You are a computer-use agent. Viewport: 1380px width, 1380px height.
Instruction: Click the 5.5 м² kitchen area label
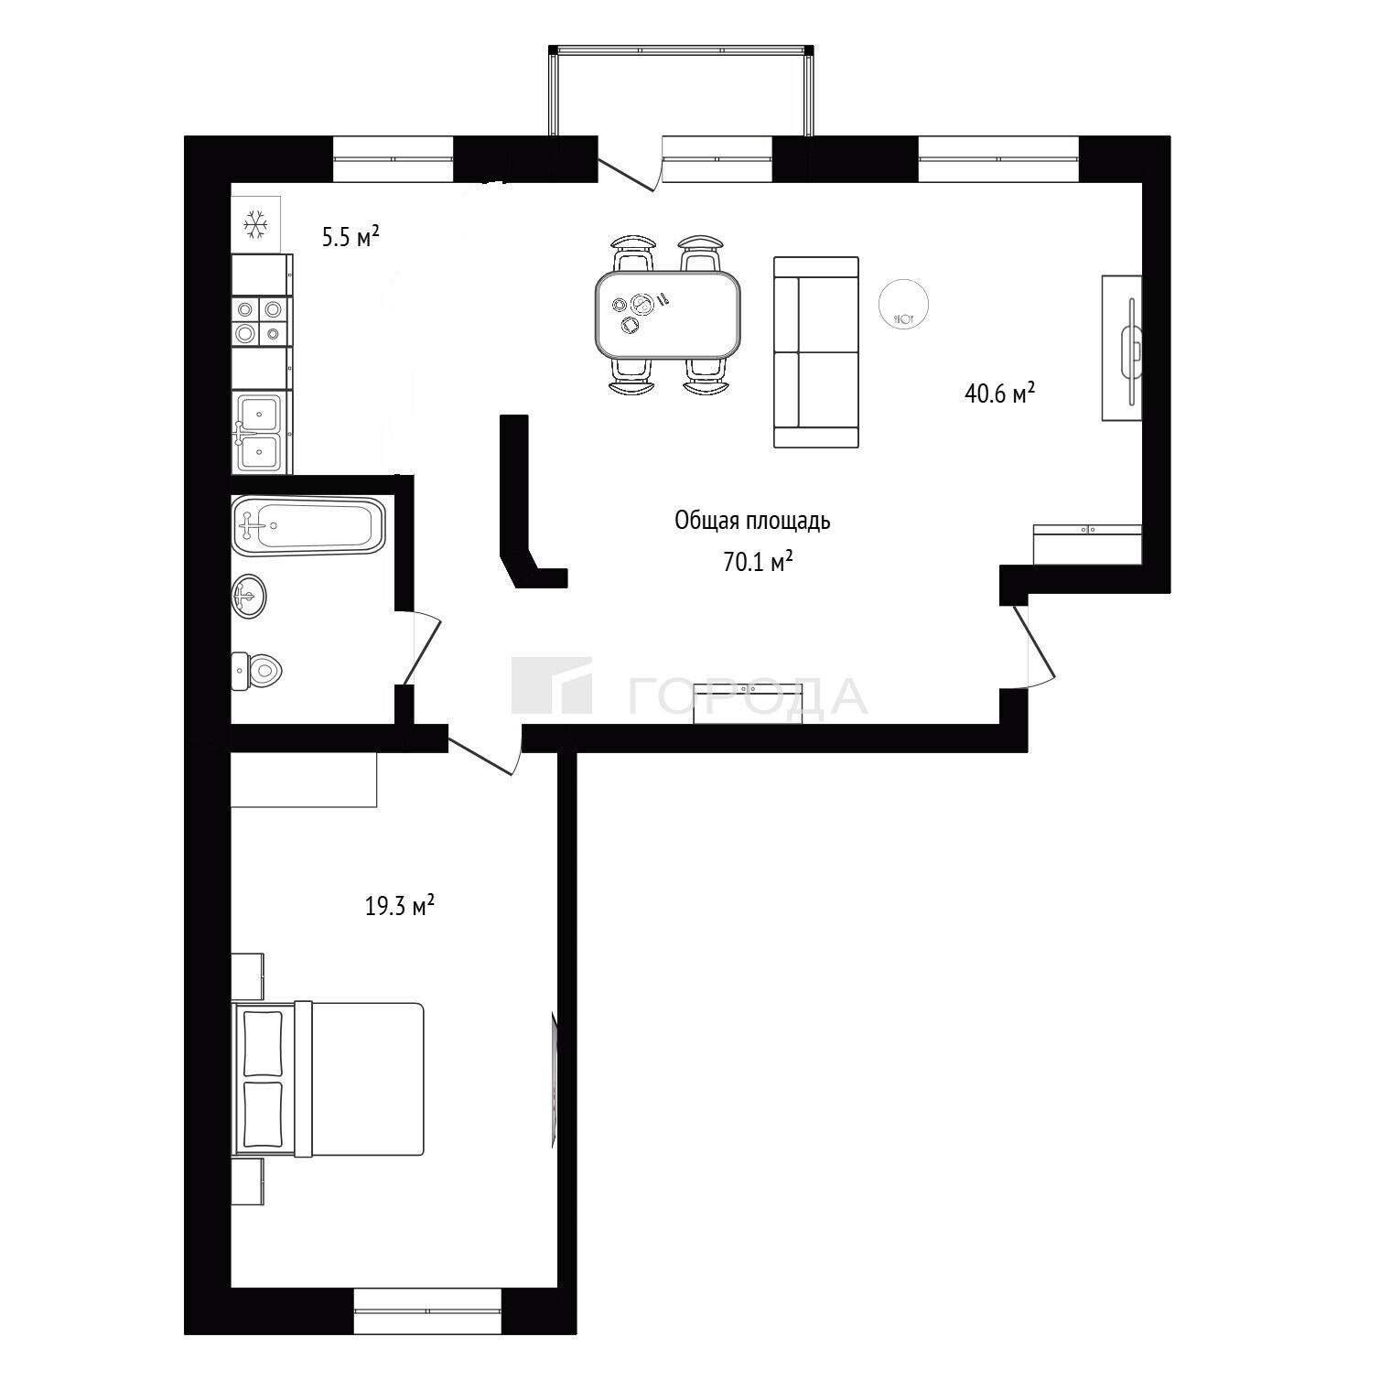pos(350,237)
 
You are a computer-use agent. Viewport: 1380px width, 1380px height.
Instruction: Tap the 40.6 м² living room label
pos(999,394)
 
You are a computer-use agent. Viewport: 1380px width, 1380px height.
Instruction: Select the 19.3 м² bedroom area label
pos(400,906)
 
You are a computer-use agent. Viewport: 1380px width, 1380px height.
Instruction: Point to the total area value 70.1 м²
pos(758,562)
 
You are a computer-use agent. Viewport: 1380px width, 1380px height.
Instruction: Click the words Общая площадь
pos(752,522)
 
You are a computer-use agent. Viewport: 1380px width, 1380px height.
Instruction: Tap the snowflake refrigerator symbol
pos(255,223)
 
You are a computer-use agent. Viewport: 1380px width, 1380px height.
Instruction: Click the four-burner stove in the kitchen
pos(261,321)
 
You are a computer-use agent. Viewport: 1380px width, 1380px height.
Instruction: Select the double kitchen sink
pos(262,432)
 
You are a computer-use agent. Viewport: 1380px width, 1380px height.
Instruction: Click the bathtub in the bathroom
pos(308,525)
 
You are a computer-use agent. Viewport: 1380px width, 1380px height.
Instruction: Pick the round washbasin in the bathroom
pos(249,597)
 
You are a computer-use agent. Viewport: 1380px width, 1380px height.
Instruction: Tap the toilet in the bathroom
pos(257,672)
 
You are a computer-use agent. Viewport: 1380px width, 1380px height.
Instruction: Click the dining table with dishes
pos(668,316)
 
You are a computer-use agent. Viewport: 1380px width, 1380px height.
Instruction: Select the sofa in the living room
pos(816,352)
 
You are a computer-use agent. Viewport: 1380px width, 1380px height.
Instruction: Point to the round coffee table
pos(904,303)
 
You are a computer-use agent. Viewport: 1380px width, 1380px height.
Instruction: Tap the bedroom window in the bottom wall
pos(427,1311)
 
